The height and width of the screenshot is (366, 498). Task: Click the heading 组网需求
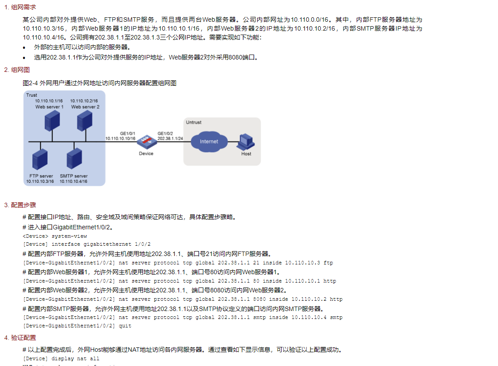tap(23, 8)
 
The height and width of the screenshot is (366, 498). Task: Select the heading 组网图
tap(20, 70)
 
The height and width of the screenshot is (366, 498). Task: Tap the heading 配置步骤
tap(23, 205)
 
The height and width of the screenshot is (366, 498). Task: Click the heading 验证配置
tap(23, 338)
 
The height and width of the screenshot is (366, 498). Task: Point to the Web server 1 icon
tap(52, 121)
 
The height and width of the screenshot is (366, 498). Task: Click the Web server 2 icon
tap(84, 121)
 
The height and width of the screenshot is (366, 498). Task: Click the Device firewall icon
tap(146, 142)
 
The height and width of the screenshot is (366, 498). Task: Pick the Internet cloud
tap(209, 141)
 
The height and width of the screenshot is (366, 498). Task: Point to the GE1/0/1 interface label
tap(127, 133)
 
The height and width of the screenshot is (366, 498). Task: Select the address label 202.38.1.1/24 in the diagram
tap(170, 138)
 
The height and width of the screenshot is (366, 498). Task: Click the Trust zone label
tap(32, 95)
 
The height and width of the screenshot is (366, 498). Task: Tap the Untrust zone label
tap(194, 122)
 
